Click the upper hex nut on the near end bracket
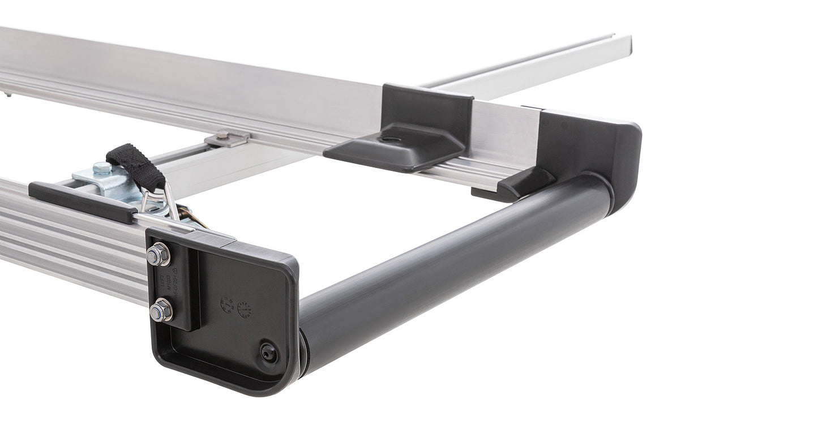tap(158, 255)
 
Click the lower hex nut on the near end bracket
tap(161, 310)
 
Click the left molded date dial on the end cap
tap(227, 305)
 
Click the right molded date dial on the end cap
tap(245, 310)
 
